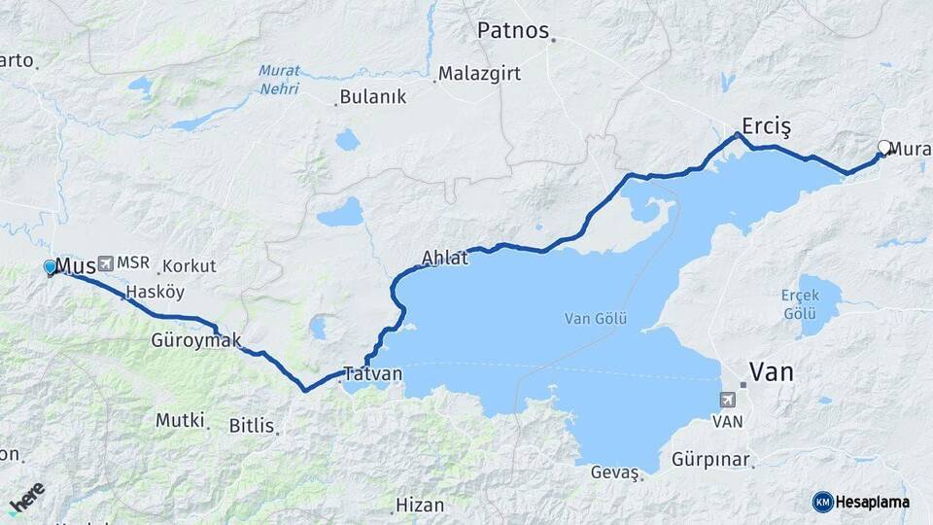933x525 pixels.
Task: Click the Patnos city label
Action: click(513, 30)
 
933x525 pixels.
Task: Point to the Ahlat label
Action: click(445, 259)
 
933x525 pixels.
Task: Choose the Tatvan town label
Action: click(374, 374)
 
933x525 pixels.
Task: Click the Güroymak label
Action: click(196, 340)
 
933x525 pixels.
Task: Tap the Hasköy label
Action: click(155, 292)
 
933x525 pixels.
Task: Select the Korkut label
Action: click(190, 265)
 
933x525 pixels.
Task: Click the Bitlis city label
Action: click(251, 426)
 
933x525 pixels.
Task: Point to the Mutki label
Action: click(180, 420)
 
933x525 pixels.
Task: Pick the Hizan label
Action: click(420, 506)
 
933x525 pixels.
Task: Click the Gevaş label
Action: click(614, 472)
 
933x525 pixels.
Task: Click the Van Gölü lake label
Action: click(597, 319)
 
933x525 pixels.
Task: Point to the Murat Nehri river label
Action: click(279, 80)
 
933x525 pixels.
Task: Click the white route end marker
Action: click(884, 148)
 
